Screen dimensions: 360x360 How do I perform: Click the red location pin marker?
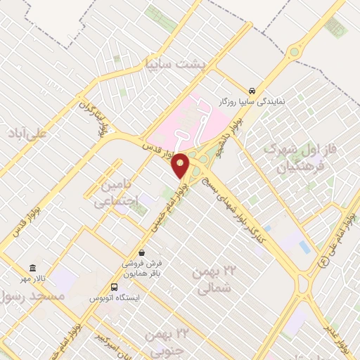[181, 165]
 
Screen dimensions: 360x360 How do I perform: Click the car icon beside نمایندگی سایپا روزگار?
[252, 90]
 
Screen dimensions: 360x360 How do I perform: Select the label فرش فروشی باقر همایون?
[146, 269]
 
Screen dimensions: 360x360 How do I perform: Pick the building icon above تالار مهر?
[32, 267]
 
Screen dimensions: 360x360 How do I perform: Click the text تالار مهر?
[32, 279]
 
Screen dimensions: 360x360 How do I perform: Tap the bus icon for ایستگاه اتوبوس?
[114, 287]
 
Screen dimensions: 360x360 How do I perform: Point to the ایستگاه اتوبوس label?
[114, 299]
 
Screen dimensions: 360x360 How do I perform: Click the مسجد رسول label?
[34, 297]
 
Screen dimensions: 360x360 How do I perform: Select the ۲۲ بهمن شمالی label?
[212, 280]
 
